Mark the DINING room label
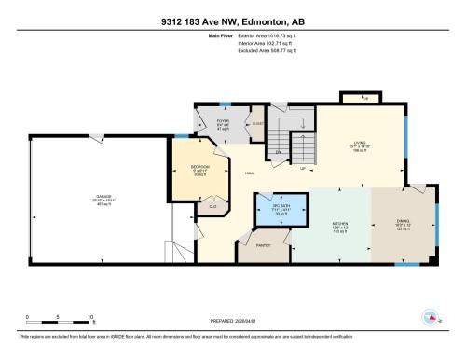403,221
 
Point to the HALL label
250,173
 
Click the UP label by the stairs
302,168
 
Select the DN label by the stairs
278,151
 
